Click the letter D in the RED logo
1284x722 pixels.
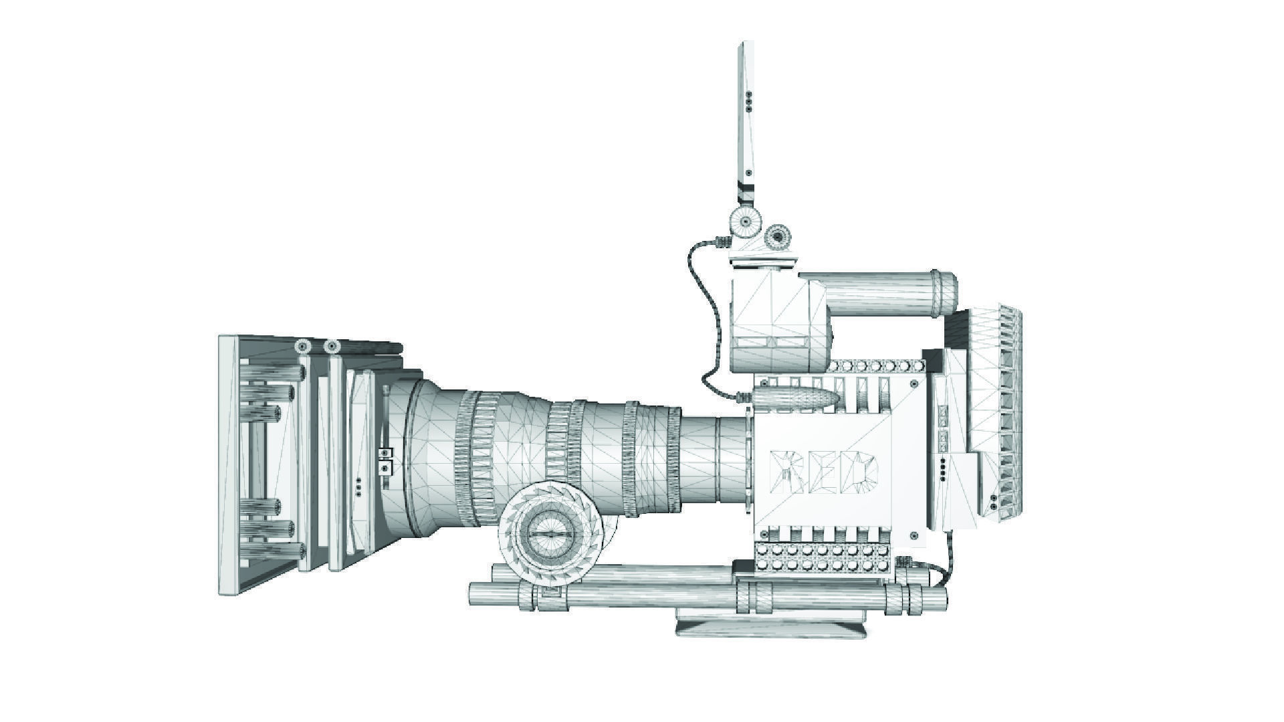tap(861, 472)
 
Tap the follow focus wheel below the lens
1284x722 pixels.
tap(552, 535)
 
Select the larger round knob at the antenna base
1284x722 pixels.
tap(744, 221)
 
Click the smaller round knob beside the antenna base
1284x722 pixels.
tap(777, 236)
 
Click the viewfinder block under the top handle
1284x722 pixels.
tap(779, 321)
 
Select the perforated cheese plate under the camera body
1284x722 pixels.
tap(823, 557)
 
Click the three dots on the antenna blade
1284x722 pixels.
tap(749, 100)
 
